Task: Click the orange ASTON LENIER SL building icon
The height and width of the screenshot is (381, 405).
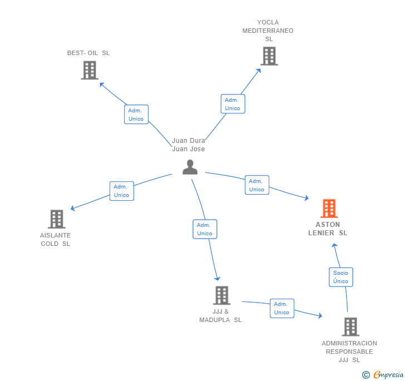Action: tap(329, 208)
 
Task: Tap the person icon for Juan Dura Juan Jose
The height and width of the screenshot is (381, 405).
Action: tap(190, 167)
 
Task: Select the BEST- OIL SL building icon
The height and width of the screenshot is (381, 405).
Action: tap(90, 70)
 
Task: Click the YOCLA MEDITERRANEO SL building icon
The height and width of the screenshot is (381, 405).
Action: tap(269, 56)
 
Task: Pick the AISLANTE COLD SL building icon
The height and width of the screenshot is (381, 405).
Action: tap(57, 219)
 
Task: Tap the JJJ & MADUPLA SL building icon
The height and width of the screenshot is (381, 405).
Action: tap(221, 295)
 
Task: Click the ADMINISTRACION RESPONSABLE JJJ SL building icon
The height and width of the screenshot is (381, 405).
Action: tap(350, 326)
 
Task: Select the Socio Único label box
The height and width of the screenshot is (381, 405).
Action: tap(340, 277)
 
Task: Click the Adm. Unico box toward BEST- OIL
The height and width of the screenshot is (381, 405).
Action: tap(136, 115)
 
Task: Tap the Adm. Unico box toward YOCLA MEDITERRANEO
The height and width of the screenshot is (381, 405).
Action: tap(233, 104)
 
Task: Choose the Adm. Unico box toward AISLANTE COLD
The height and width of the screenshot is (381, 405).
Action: tap(122, 191)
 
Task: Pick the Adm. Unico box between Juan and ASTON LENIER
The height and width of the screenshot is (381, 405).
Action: tap(257, 185)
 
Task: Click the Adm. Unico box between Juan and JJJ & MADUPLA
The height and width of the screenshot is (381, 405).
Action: tap(205, 229)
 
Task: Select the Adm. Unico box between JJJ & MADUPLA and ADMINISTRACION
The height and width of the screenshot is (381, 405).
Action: tap(282, 309)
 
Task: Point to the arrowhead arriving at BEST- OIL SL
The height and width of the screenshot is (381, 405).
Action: tap(102, 85)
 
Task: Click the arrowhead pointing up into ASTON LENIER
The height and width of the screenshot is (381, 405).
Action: tap(334, 245)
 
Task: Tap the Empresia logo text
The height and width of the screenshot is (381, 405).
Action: tap(388, 374)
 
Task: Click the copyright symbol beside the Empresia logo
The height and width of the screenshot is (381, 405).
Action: tap(366, 375)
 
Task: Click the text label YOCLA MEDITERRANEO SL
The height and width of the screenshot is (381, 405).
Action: tap(268, 31)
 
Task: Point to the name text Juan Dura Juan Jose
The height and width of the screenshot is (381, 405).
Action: tap(189, 145)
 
